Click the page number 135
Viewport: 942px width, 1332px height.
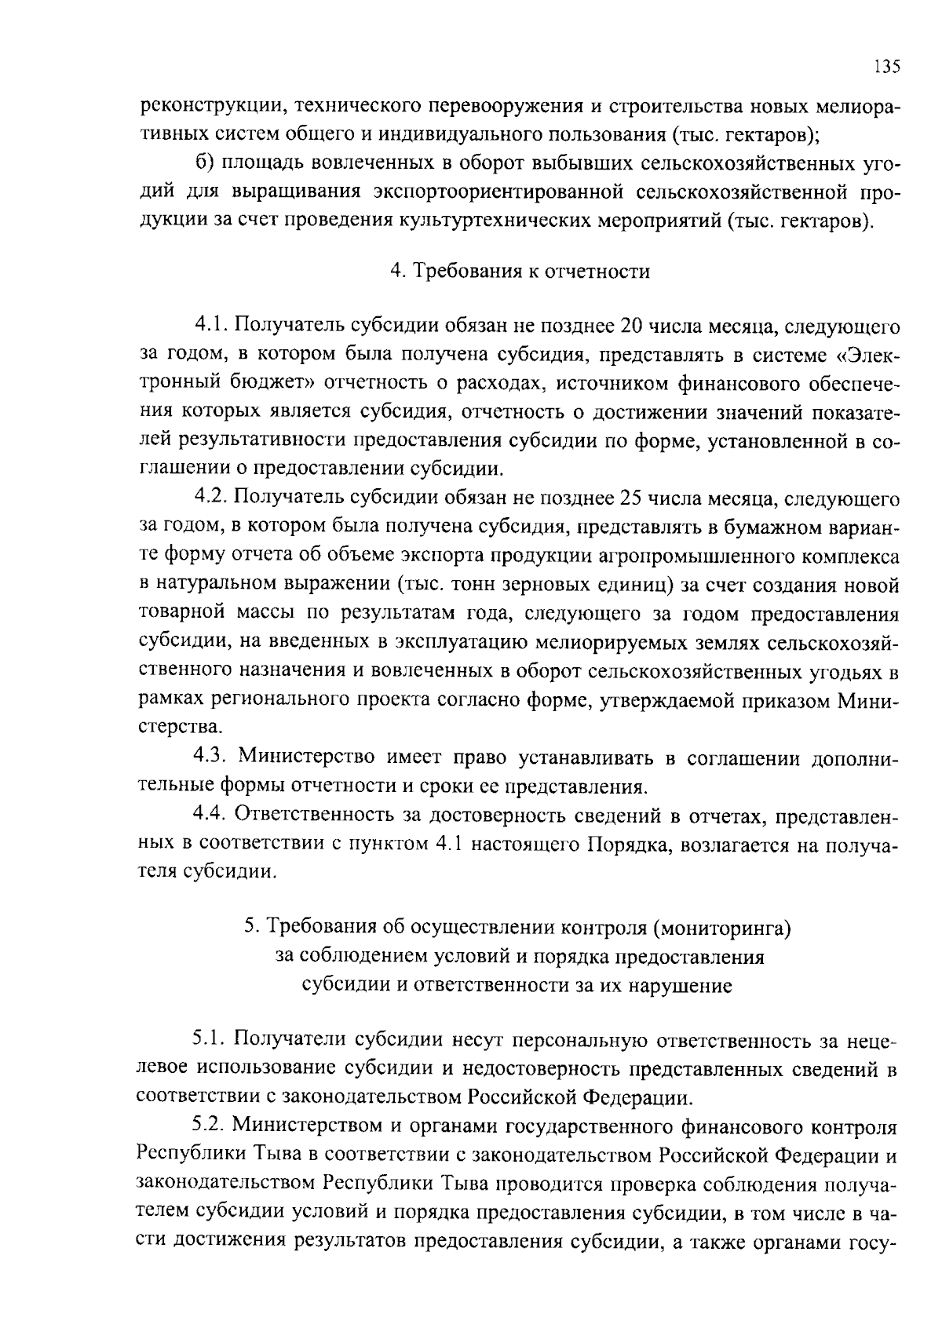(886, 66)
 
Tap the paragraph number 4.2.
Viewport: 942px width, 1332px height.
(210, 498)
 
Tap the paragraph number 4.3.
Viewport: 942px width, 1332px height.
(210, 757)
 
